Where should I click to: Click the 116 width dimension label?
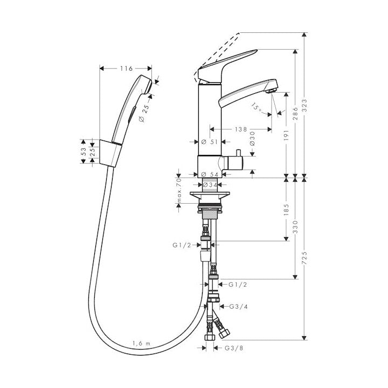(127, 68)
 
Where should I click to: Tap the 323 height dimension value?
(304, 105)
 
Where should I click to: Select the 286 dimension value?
(295, 113)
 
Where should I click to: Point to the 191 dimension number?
(286, 135)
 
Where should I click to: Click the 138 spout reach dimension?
(241, 129)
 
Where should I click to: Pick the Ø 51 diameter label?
(209, 142)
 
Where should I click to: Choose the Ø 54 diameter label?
(210, 175)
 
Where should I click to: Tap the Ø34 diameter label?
(210, 185)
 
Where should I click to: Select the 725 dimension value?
(304, 258)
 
